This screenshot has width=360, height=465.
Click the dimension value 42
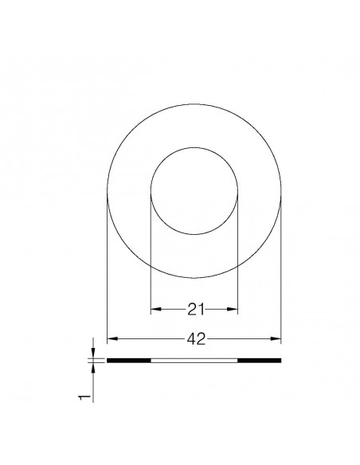(x=194, y=339)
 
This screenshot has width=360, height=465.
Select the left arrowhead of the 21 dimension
(x=155, y=309)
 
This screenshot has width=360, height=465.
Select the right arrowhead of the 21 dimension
(x=234, y=309)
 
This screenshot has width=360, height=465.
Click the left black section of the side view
(x=128, y=361)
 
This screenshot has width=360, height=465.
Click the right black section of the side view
(x=260, y=361)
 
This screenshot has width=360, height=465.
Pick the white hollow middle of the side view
(x=194, y=361)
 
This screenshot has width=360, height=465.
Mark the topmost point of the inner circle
(x=194, y=147)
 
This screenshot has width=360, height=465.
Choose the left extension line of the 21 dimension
(x=151, y=255)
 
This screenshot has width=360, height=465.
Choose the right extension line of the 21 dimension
(x=238, y=255)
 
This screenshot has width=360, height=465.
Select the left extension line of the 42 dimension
(x=107, y=271)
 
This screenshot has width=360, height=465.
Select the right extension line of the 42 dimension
(x=282, y=271)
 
